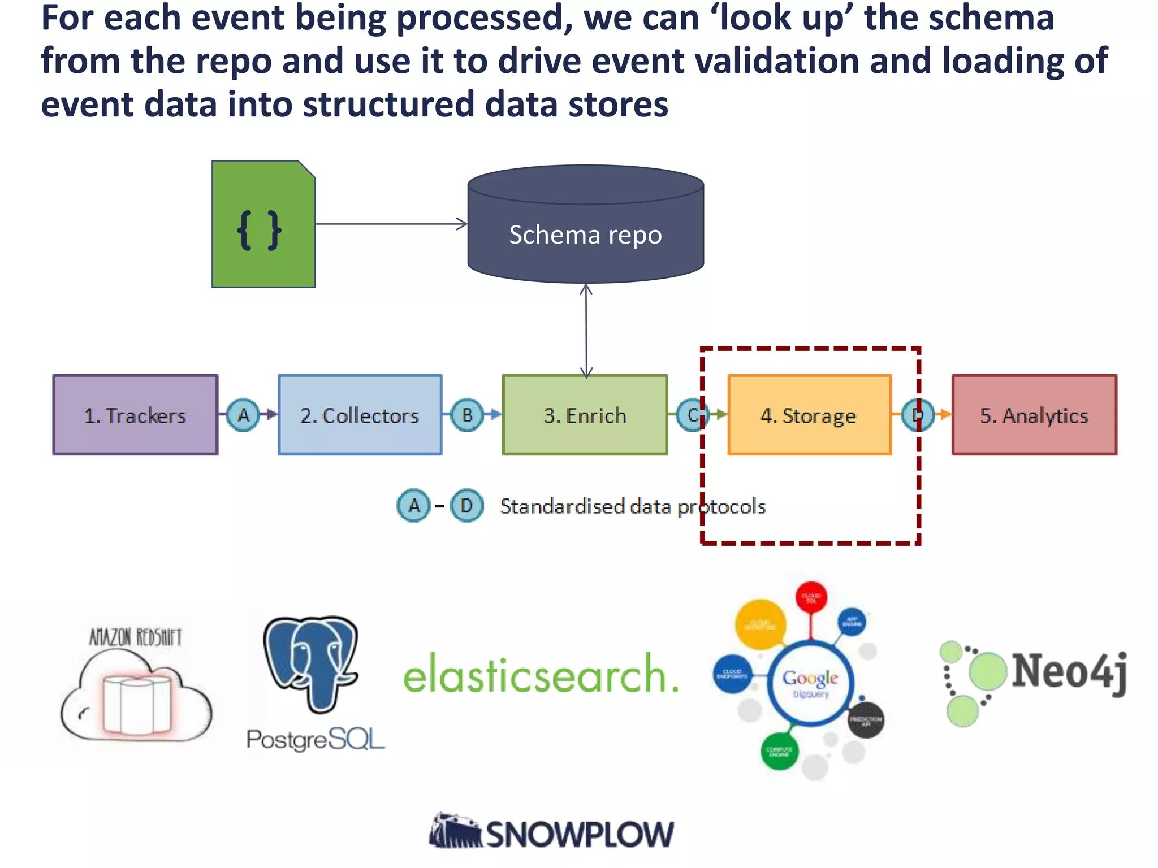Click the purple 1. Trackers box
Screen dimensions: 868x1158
[135, 415]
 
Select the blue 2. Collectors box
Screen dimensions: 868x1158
[360, 415]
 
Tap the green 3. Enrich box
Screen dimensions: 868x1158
[585, 415]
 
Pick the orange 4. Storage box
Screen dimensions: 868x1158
[809, 415]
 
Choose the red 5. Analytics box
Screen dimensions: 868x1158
[1034, 415]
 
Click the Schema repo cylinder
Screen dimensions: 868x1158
[585, 235]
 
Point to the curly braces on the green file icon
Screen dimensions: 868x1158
[259, 230]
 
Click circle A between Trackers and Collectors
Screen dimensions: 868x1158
[243, 415]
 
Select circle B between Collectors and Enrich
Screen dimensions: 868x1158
[467, 415]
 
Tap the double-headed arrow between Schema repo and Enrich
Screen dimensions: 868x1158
[586, 331]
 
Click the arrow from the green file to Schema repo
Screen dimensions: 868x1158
[390, 224]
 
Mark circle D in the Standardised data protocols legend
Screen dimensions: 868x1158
[466, 505]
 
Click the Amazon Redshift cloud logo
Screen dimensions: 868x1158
[136, 695]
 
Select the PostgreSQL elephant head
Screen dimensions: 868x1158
[312, 661]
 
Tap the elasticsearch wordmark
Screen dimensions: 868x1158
[540, 674]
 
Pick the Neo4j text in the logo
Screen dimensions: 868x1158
[1069, 671]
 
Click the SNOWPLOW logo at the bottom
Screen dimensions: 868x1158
[551, 833]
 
